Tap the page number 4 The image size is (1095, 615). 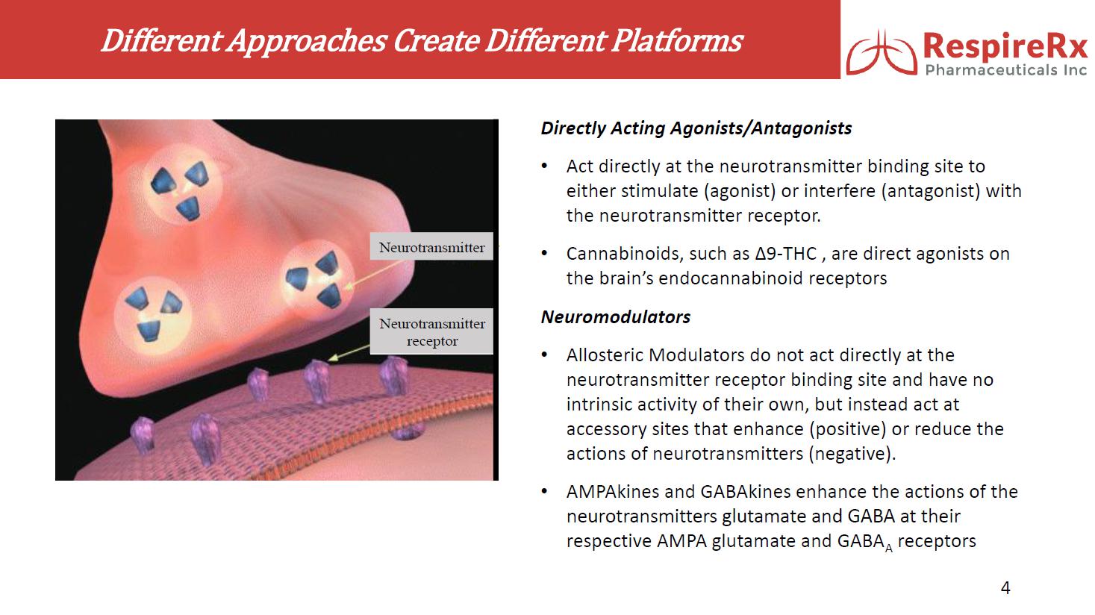[x=1005, y=588]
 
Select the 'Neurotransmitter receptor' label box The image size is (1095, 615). [x=432, y=332]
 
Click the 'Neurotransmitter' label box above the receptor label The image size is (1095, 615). [x=431, y=247]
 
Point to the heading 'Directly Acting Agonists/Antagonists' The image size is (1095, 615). [x=696, y=128]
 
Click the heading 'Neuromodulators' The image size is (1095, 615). [x=615, y=317]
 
